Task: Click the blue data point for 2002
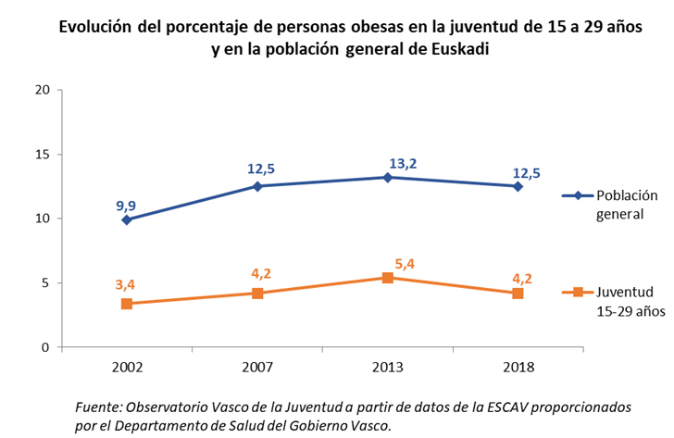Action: point(127,219)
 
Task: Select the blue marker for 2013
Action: point(388,177)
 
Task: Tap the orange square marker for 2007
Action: point(257,293)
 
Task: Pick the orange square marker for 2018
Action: point(518,293)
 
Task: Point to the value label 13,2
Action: point(402,164)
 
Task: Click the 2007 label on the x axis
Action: point(257,367)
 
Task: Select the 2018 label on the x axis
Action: point(518,367)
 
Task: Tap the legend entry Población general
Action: point(618,205)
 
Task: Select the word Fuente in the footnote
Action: point(97,407)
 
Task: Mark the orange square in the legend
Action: point(578,292)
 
